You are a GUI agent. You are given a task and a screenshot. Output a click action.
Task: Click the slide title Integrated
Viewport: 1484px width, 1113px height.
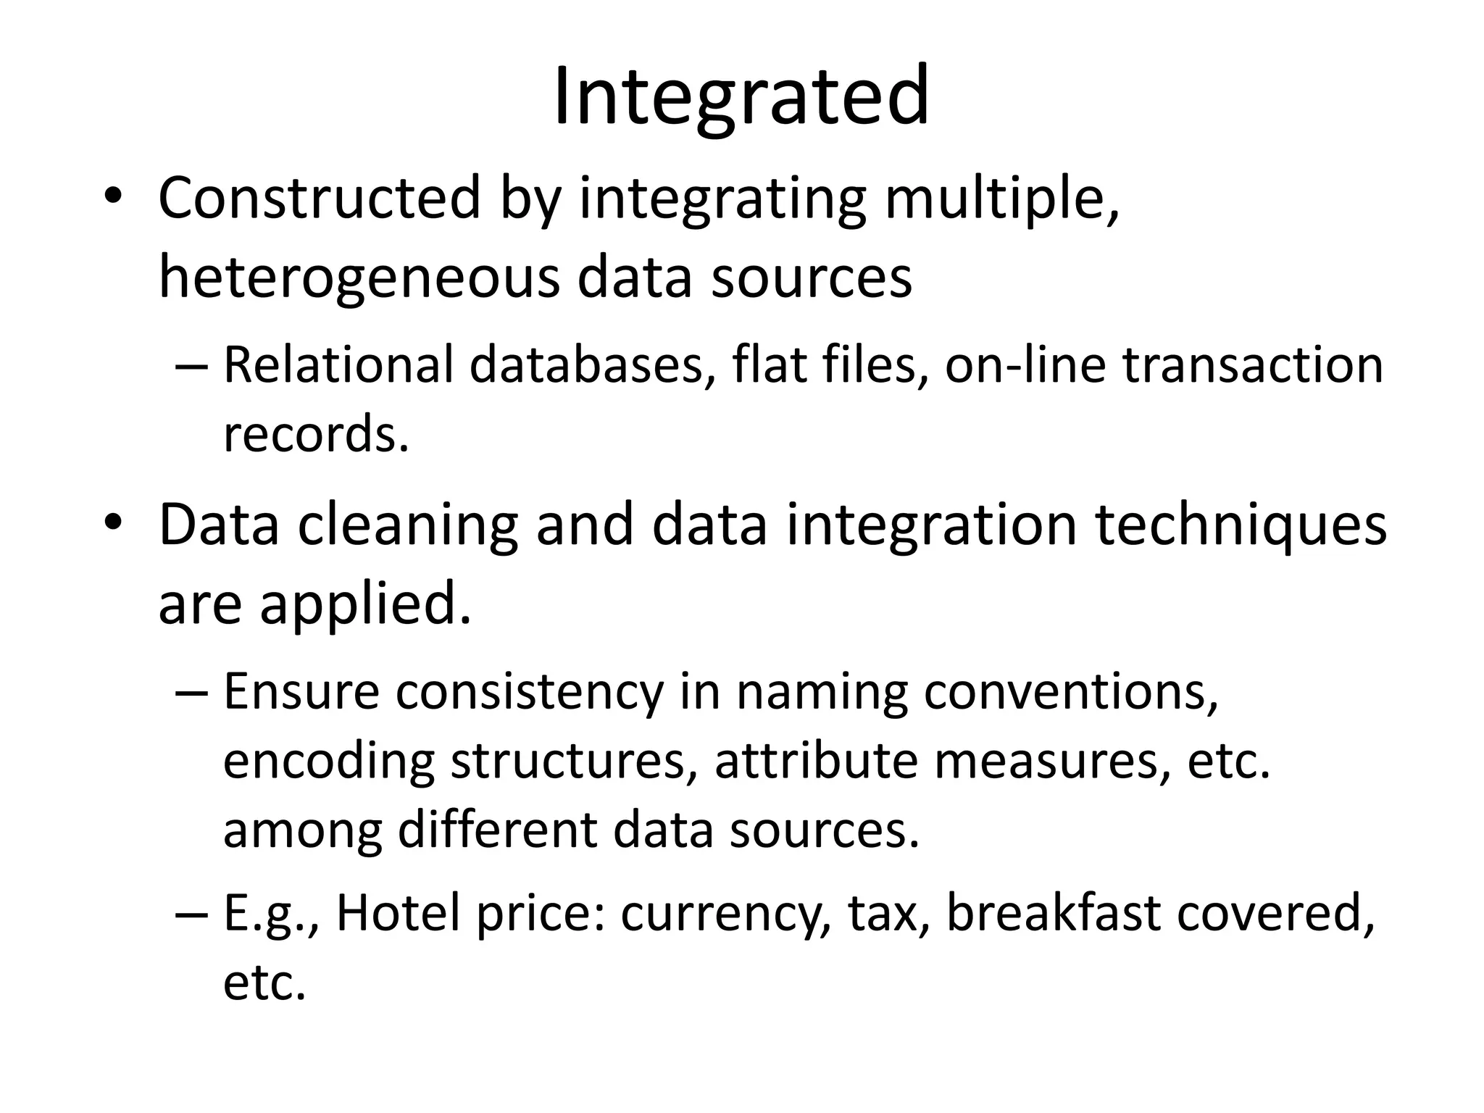click(741, 96)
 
